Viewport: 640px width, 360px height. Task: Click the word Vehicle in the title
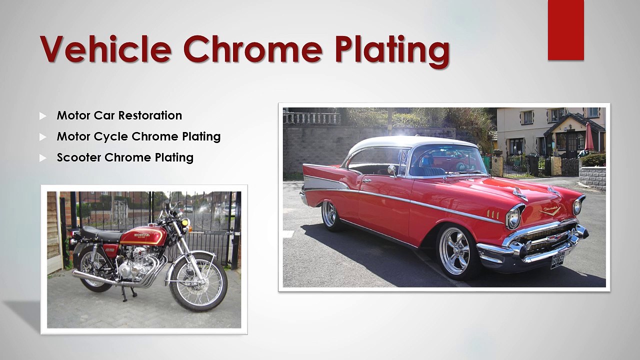(x=105, y=48)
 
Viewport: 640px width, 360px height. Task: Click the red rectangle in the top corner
(x=565, y=30)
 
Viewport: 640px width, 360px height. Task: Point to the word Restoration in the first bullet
(x=150, y=115)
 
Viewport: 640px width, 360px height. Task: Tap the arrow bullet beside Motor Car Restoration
(x=43, y=116)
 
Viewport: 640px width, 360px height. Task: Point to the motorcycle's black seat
(x=101, y=233)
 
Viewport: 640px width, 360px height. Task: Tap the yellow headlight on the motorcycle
(x=185, y=221)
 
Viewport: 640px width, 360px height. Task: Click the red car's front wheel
(x=455, y=251)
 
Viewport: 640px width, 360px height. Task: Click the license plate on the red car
(x=557, y=260)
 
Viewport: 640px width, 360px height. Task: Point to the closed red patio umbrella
(x=588, y=136)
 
